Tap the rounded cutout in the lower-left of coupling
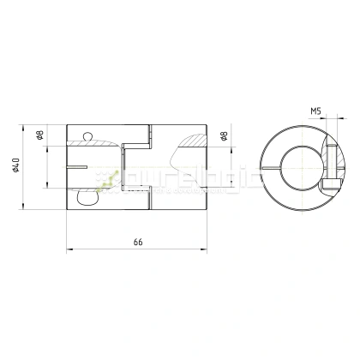[x=87, y=197]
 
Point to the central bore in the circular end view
[x=295, y=165]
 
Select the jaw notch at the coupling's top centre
[x=136, y=135]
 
